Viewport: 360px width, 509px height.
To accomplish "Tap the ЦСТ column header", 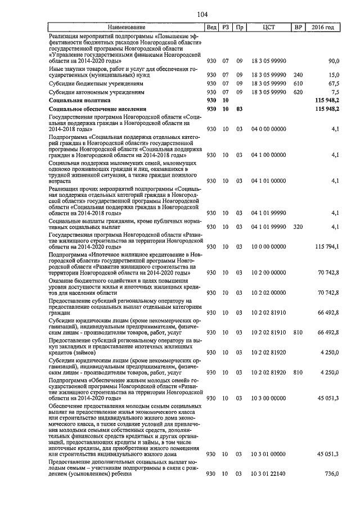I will [x=268, y=28].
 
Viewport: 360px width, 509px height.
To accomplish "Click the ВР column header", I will [x=298, y=28].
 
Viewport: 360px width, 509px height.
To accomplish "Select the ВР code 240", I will [x=298, y=75].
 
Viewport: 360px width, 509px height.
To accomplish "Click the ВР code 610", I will [x=298, y=83].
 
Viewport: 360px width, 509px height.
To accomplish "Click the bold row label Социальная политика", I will [x=76, y=100].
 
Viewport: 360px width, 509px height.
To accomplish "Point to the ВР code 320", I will [x=298, y=227].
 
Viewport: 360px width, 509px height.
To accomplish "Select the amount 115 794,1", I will [x=327, y=247].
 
